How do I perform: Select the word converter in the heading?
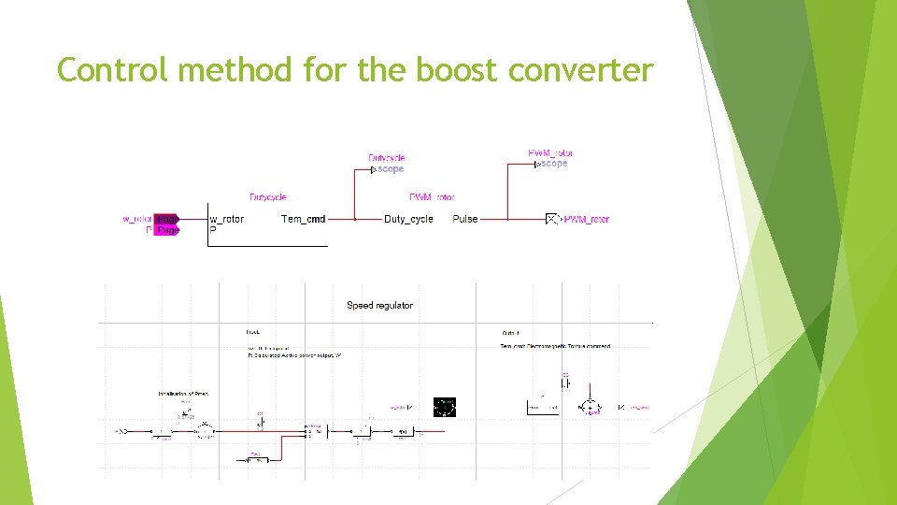pos(593,69)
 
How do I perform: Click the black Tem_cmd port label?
pos(304,219)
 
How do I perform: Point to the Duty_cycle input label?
pos(408,219)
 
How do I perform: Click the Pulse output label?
pos(464,219)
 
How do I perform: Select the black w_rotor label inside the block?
pos(226,219)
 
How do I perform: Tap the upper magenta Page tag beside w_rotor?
pos(167,219)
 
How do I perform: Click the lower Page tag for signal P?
pos(166,229)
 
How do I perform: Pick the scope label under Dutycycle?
pos(390,169)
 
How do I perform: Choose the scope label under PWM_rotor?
pos(553,164)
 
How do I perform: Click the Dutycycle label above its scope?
pos(387,158)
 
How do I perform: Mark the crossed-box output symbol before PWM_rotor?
pos(552,219)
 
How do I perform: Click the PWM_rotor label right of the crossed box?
pos(587,219)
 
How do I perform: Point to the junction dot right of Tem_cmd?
pos(355,219)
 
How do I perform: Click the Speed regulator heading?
pos(379,306)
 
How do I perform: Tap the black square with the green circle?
pos(445,407)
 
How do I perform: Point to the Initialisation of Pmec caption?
pos(183,394)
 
